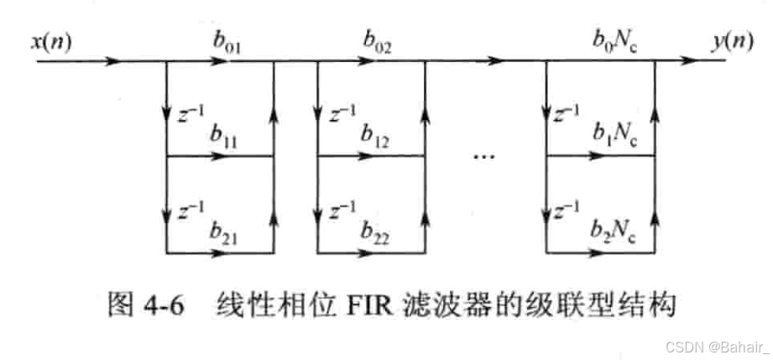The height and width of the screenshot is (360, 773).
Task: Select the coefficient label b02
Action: tap(377, 40)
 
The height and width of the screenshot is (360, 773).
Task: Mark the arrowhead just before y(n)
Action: tap(689, 61)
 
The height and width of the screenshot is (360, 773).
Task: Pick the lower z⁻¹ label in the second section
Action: tap(341, 209)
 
